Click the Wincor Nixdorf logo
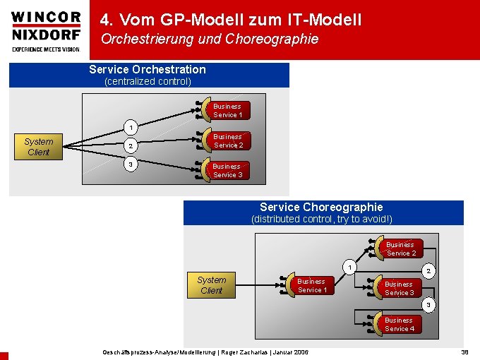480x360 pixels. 46,30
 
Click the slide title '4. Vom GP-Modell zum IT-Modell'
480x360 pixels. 231,20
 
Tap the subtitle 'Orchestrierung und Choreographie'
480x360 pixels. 210,40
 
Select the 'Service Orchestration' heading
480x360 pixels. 148,69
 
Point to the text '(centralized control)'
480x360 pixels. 148,81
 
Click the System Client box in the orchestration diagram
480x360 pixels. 38,147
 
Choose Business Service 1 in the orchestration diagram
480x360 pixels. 227,111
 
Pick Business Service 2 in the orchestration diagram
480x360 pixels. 227,140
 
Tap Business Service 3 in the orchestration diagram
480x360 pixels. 227,171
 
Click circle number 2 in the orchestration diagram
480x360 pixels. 129,147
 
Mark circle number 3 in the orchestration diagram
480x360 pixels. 129,165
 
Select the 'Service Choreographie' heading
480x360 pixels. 321,207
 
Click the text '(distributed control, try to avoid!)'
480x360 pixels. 322,220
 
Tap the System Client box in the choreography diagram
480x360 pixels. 211,285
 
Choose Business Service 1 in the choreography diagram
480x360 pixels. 310,285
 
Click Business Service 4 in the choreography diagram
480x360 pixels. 399,325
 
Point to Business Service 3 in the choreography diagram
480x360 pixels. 399,288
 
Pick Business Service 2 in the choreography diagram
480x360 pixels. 400,248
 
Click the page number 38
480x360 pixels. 464,352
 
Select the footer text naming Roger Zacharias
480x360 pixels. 205,352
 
